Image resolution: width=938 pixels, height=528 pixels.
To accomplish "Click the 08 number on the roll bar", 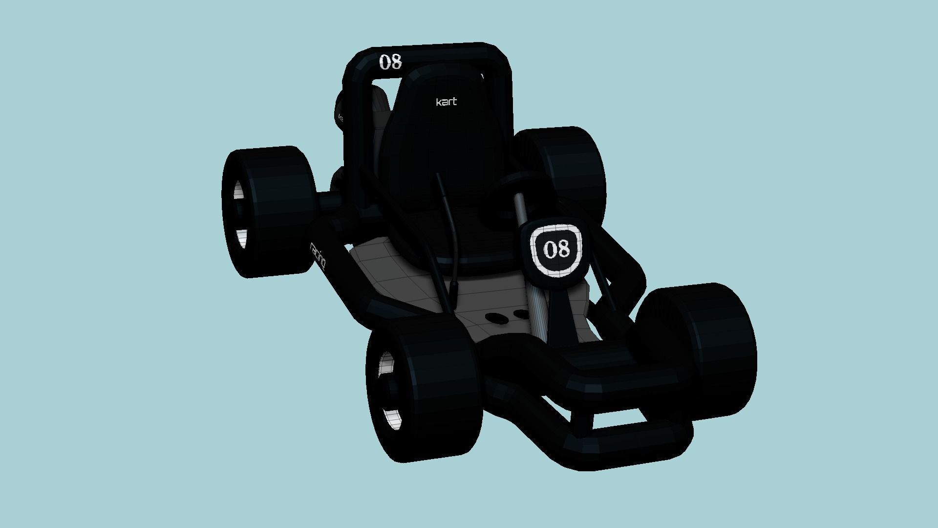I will pyautogui.click(x=390, y=62).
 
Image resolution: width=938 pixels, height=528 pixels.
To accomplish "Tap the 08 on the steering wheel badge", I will pyautogui.click(x=556, y=249).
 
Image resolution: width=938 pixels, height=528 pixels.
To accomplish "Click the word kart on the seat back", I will pyautogui.click(x=446, y=102).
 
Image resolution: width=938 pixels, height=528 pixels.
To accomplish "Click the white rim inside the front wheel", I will pyautogui.click(x=388, y=391).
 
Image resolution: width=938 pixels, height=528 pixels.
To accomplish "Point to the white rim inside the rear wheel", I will pyautogui.click(x=239, y=215).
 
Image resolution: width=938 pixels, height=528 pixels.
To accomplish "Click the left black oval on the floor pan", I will pyautogui.click(x=497, y=318).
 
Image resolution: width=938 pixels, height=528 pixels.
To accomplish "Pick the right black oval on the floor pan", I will pyautogui.click(x=521, y=313).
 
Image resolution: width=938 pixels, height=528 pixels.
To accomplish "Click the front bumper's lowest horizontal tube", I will pyautogui.click(x=630, y=440).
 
